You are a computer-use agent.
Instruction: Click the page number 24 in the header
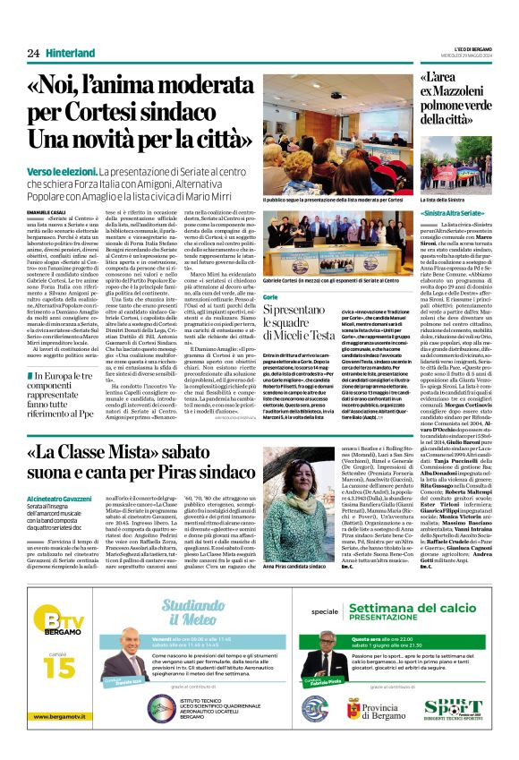(33, 54)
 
